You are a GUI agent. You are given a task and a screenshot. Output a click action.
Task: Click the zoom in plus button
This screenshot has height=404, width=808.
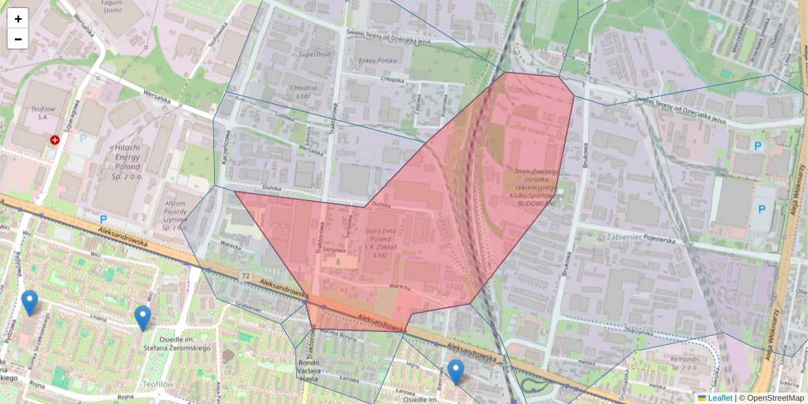(x=18, y=19)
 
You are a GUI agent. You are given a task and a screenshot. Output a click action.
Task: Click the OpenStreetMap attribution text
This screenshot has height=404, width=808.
(x=771, y=398)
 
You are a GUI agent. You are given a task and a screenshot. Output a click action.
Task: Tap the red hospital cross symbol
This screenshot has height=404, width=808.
(x=55, y=140)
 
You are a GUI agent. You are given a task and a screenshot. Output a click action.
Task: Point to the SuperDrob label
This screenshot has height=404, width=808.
(x=315, y=54)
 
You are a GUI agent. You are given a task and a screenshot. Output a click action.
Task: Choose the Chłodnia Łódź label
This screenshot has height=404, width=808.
(x=302, y=92)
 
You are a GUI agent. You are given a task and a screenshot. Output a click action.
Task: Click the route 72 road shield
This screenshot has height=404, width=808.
(x=245, y=277)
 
